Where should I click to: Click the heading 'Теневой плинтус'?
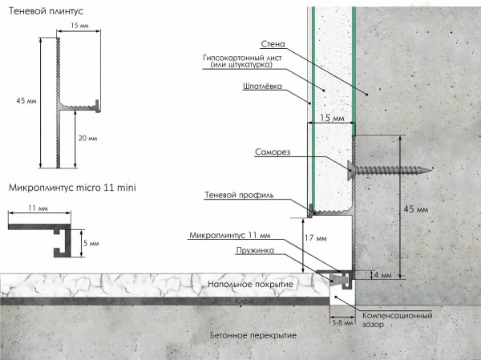(x=46, y=11)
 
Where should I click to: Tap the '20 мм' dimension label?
(x=87, y=139)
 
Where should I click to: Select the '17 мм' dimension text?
(x=316, y=238)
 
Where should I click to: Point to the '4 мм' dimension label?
(x=383, y=275)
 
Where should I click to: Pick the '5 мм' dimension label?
(x=91, y=244)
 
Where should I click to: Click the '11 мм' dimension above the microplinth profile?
(x=38, y=208)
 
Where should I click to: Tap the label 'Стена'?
(x=273, y=44)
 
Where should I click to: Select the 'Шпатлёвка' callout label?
(x=262, y=87)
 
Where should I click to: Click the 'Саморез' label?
(x=273, y=152)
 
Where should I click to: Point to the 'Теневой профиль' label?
(x=239, y=195)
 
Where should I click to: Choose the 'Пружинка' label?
(x=255, y=250)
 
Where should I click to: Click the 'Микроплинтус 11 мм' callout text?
(x=230, y=236)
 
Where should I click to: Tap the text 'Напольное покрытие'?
(x=251, y=284)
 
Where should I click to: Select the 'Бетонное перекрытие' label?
(x=253, y=335)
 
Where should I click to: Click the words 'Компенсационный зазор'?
(x=398, y=319)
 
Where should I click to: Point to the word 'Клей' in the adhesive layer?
(x=245, y=301)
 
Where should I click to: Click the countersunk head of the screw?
(x=351, y=170)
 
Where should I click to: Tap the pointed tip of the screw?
(x=431, y=168)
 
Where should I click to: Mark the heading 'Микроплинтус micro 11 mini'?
(x=72, y=188)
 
